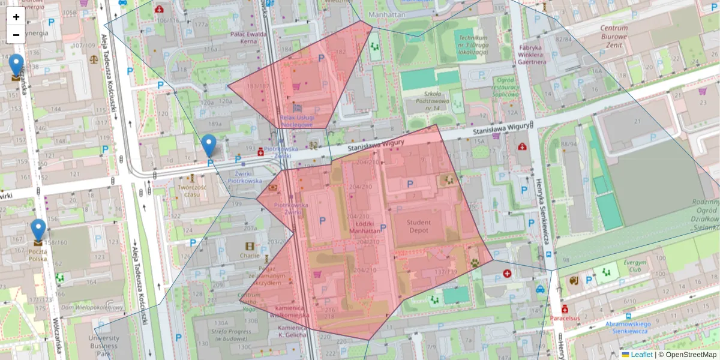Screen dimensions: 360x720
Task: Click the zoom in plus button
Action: click(16, 17)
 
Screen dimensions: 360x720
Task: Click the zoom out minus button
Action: click(16, 35)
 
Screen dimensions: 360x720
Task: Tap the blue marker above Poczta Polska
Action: click(38, 230)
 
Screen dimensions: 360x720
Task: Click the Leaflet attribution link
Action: click(641, 355)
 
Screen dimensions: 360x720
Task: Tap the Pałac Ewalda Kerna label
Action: click(248, 38)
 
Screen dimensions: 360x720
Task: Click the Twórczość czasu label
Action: click(192, 191)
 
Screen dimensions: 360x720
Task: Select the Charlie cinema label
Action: click(250, 255)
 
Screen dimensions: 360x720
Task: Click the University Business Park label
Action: click(104, 346)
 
